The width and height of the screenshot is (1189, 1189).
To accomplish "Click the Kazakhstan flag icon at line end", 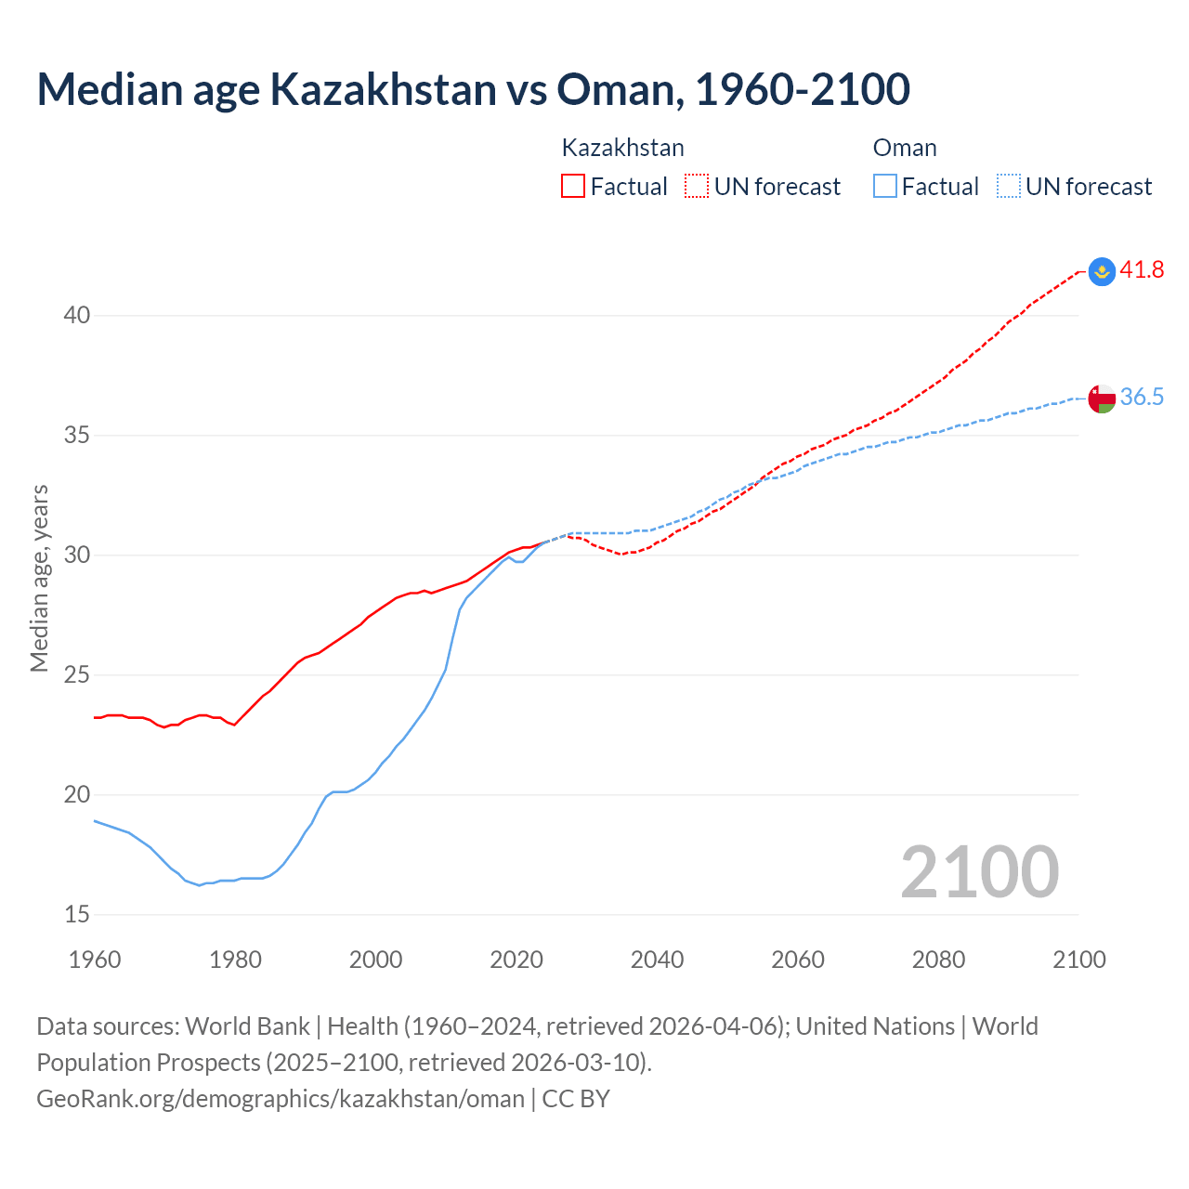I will (x=1102, y=270).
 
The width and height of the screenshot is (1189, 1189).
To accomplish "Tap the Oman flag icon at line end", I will (x=1102, y=398).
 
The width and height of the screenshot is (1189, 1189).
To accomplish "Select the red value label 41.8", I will (x=1142, y=270).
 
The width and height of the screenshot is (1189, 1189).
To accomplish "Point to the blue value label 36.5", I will (x=1142, y=398).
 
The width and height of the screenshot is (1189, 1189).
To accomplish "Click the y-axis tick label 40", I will (x=77, y=316).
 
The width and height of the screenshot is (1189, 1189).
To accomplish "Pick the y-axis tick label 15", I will (x=77, y=915).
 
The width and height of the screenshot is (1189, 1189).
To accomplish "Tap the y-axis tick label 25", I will (x=77, y=675).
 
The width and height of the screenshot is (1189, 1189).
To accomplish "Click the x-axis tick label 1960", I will (x=95, y=960).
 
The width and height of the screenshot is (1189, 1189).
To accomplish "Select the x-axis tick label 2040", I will (x=657, y=960).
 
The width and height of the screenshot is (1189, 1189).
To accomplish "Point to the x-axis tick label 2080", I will (x=938, y=960).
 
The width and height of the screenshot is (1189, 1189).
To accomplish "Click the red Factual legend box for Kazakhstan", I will (x=573, y=187).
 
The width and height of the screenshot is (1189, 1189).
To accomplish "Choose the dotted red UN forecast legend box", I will (x=697, y=187).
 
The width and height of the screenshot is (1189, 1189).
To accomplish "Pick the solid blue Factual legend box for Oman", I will (x=884, y=187).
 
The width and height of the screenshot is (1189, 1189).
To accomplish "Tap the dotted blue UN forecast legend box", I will (x=1008, y=187).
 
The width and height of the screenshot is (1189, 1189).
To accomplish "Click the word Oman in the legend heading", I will (x=905, y=149).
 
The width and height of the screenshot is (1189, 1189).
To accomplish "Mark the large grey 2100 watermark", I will (x=979, y=871).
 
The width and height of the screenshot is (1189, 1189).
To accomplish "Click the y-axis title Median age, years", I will (x=39, y=578).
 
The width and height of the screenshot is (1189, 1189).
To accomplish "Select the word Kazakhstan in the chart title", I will (x=383, y=89).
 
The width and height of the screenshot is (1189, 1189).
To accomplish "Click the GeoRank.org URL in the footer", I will (x=280, y=1099).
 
